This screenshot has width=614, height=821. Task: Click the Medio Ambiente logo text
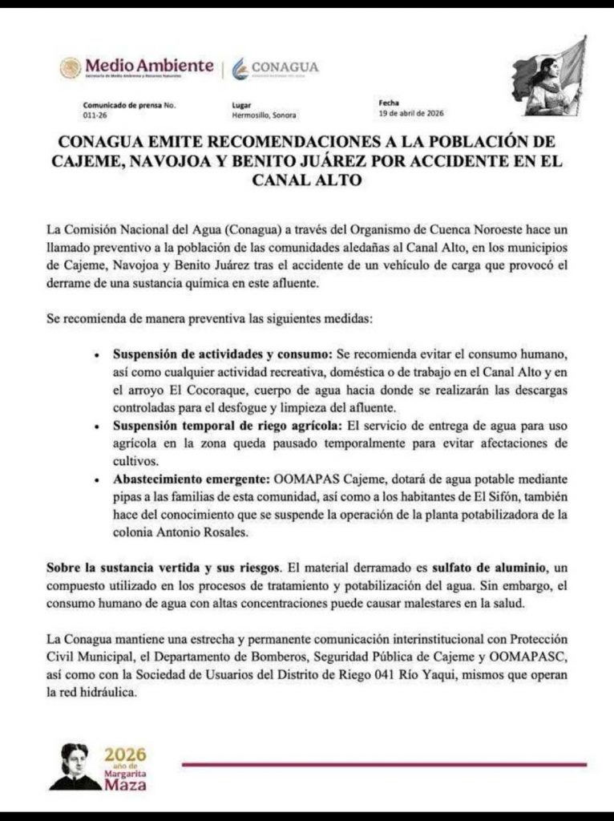click(149, 65)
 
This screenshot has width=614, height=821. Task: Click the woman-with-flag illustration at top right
click(549, 77)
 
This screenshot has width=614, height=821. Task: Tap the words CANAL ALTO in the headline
click(306, 181)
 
